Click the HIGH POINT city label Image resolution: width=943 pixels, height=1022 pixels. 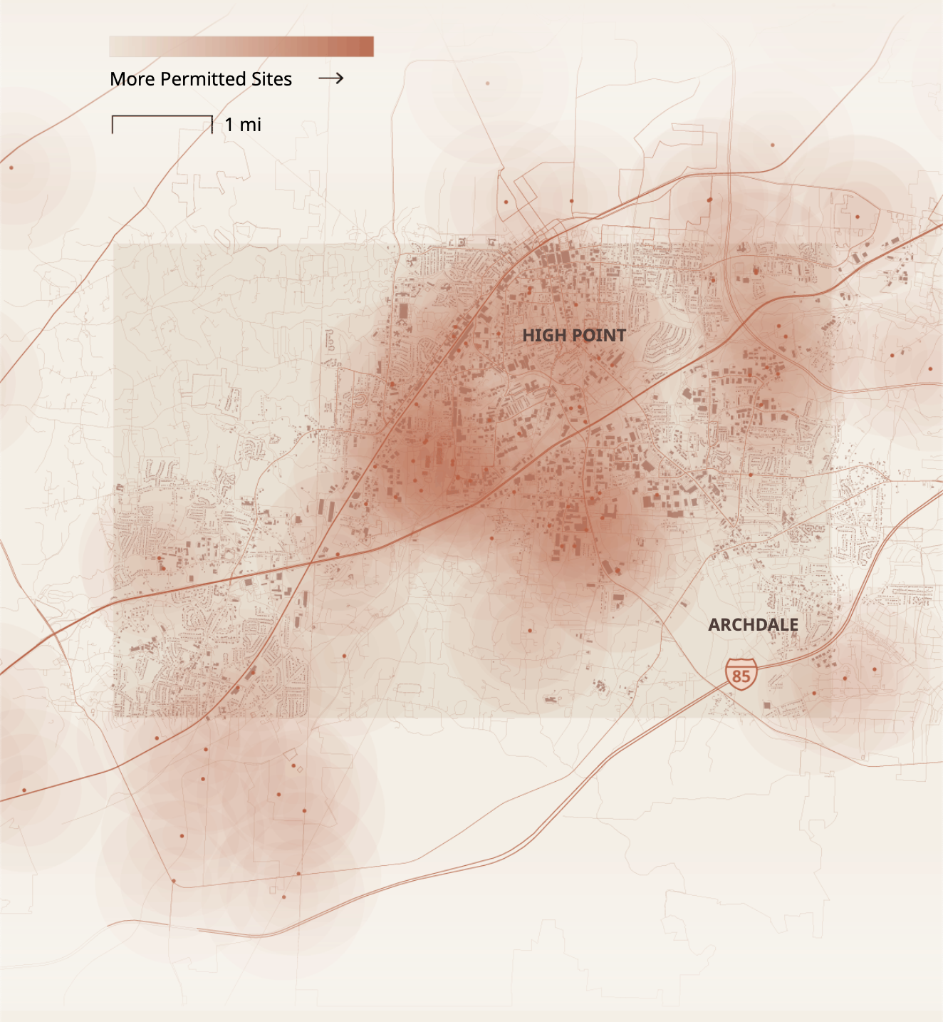pyautogui.click(x=574, y=336)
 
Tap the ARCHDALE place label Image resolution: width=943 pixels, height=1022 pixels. pyautogui.click(x=753, y=625)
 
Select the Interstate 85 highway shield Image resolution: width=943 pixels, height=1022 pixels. pyautogui.click(x=741, y=674)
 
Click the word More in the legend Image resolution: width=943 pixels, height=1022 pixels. pyautogui.click(x=132, y=79)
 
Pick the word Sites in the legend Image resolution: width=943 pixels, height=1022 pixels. pyautogui.click(x=271, y=79)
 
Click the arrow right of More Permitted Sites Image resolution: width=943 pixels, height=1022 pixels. pyautogui.click(x=331, y=78)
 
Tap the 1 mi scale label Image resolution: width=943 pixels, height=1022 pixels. pyautogui.click(x=243, y=125)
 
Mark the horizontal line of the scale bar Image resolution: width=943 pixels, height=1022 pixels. pyautogui.click(x=162, y=115)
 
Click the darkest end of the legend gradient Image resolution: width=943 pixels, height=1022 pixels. pyautogui.click(x=366, y=47)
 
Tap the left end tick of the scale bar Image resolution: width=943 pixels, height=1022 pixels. pyautogui.click(x=113, y=125)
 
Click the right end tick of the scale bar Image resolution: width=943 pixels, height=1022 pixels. pyautogui.click(x=212, y=125)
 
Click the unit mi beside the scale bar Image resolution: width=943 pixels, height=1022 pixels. pyautogui.click(x=250, y=125)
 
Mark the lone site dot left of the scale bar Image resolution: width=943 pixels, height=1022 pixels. pyautogui.click(x=11, y=167)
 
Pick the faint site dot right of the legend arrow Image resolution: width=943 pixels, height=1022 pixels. pyautogui.click(x=487, y=83)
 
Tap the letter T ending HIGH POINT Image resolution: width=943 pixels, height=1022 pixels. pyautogui.click(x=621, y=336)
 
